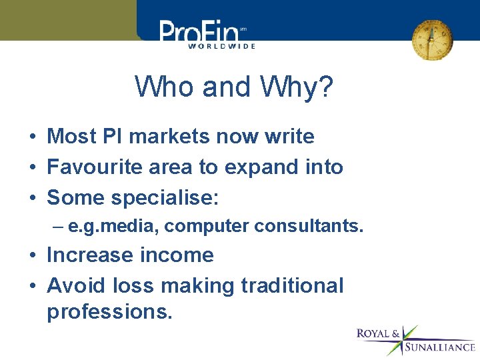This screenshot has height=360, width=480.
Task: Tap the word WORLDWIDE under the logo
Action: pyautogui.click(x=221, y=46)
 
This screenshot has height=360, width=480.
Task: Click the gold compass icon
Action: pyautogui.click(x=432, y=39)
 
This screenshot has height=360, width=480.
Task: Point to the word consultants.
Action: pyautogui.click(x=309, y=227)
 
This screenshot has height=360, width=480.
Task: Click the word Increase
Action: pyautogui.click(x=89, y=255)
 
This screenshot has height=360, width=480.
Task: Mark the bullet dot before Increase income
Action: pyautogui.click(x=32, y=255)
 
